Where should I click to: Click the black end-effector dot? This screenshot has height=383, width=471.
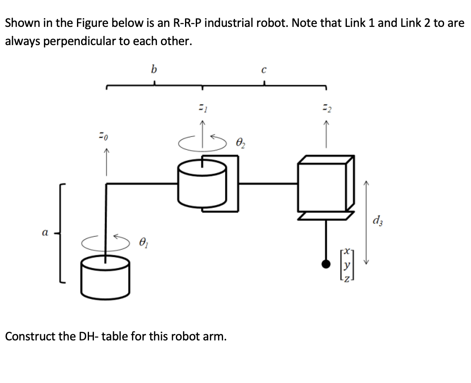click(x=327, y=263)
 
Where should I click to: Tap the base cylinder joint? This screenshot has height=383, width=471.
click(x=105, y=276)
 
